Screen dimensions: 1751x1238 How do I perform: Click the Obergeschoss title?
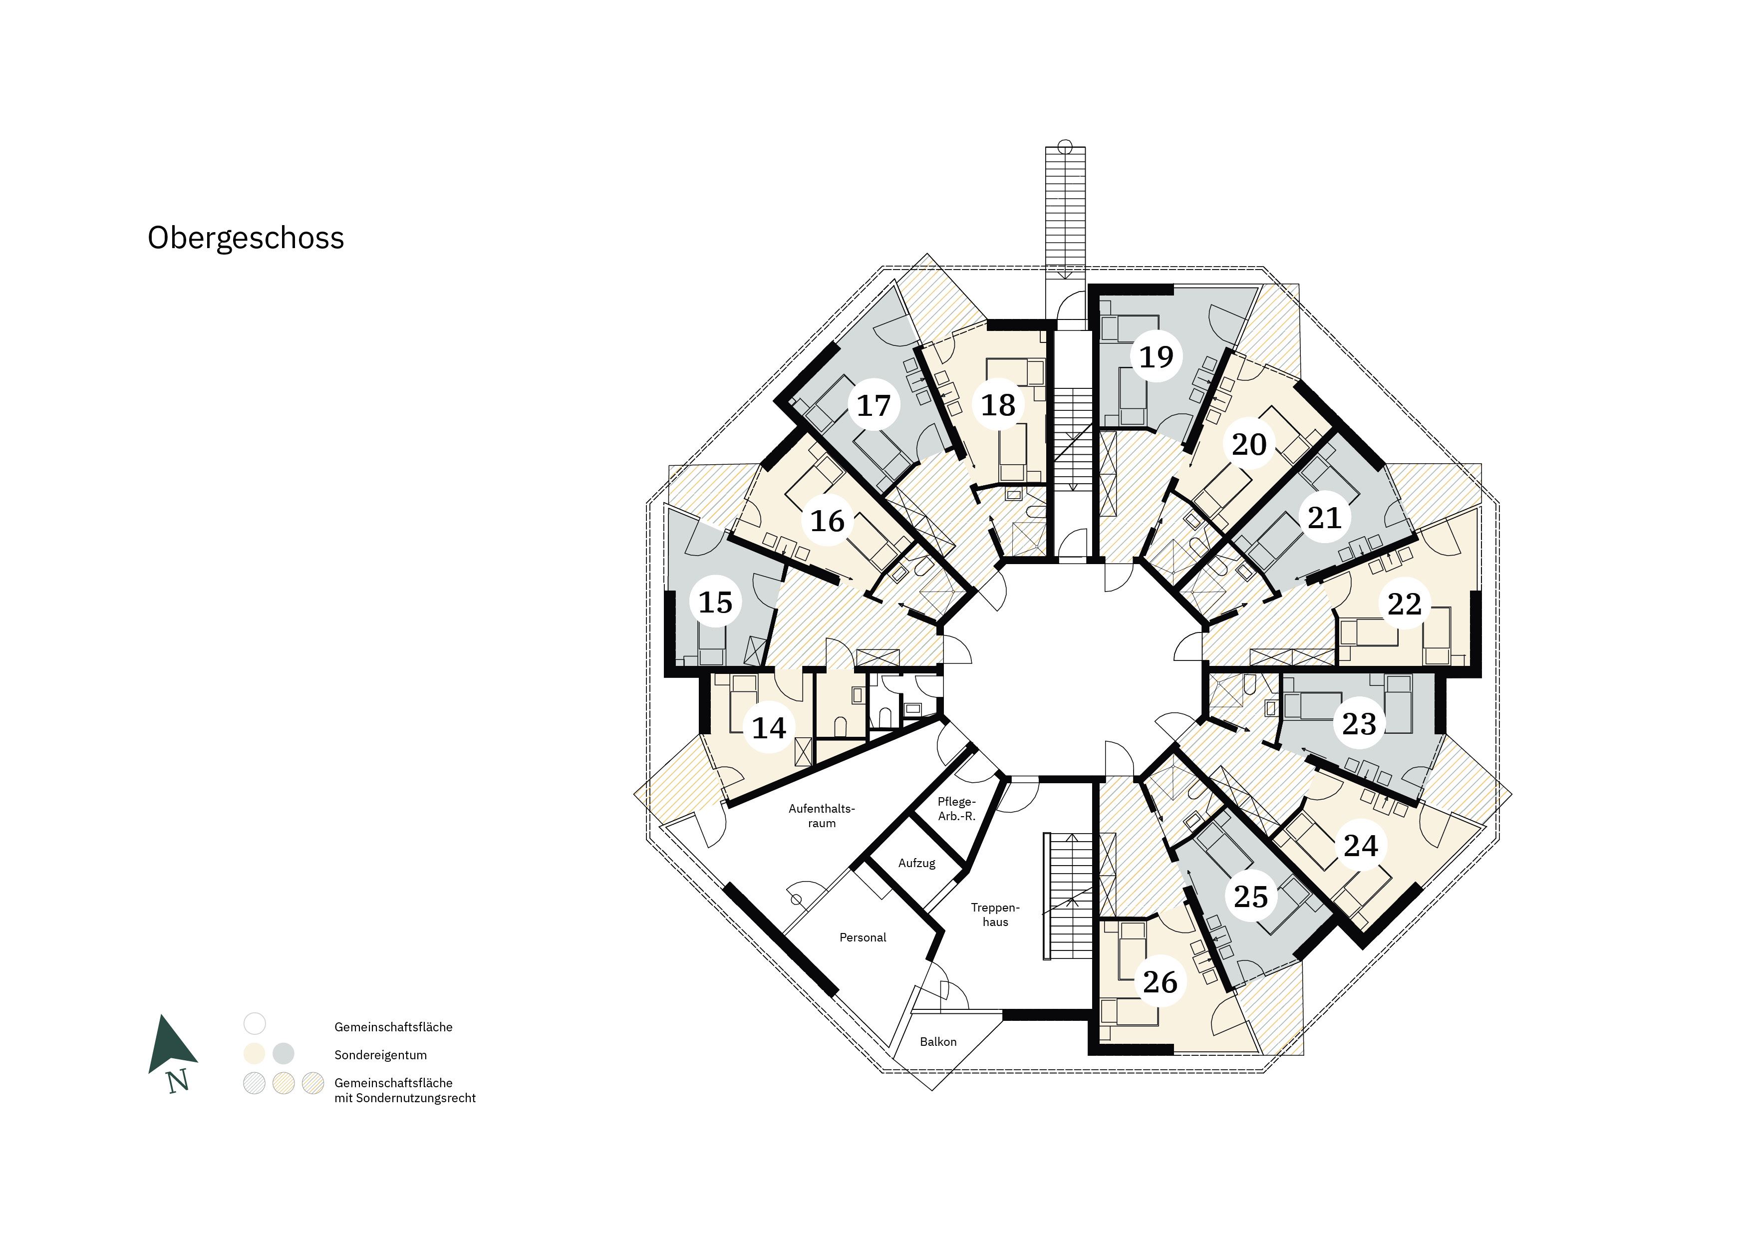(x=246, y=239)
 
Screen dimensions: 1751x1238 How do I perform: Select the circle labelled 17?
(x=874, y=405)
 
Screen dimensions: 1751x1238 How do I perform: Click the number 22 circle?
(x=1404, y=604)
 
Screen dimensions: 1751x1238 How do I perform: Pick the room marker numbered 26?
(x=1160, y=982)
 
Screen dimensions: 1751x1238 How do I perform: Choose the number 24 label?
(x=1361, y=845)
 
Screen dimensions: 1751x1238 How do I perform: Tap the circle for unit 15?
(x=715, y=602)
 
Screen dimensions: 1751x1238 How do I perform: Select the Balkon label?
(x=938, y=1041)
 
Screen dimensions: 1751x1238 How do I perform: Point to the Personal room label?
(x=863, y=937)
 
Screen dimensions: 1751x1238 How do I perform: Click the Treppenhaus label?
(x=995, y=915)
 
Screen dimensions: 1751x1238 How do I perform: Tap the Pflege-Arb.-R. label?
(x=956, y=809)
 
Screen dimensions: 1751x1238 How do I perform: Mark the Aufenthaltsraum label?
(x=822, y=815)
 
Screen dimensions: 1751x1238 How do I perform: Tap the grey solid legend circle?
(x=284, y=1054)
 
